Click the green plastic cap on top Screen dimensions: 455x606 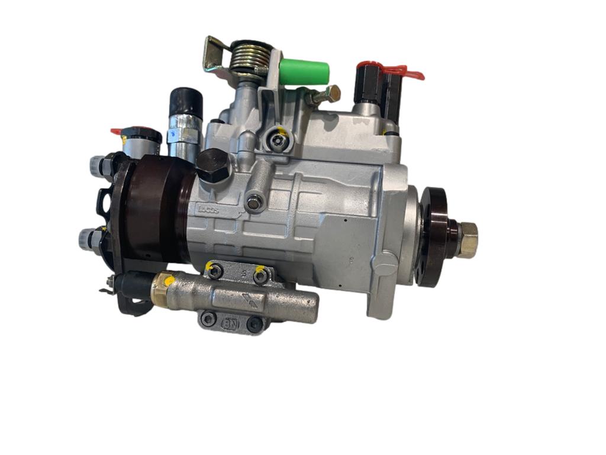304,72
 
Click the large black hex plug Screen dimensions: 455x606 215,166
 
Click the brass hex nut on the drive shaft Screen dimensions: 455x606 468,239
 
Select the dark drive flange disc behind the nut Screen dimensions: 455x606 434,237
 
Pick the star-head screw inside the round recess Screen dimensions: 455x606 276,141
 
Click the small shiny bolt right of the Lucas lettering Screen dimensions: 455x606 254,203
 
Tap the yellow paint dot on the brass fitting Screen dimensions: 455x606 168,281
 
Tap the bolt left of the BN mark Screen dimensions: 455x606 208,320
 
